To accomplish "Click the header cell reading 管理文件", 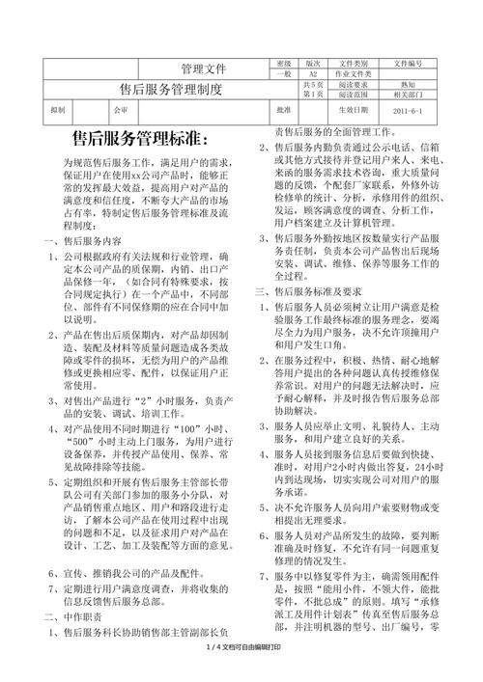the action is point(204,69).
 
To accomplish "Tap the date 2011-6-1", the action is point(408,111).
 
